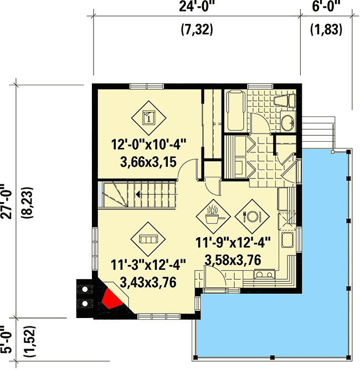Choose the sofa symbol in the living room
pyautogui.click(x=147, y=239)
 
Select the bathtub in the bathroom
pyautogui.click(x=234, y=111)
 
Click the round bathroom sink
pyautogui.click(x=287, y=123)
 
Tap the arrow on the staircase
pyautogui.click(x=136, y=194)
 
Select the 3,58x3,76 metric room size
pyautogui.click(x=232, y=259)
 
